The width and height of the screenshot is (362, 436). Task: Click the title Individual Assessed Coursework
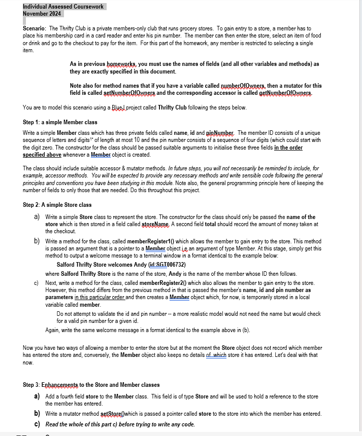pos(63,7)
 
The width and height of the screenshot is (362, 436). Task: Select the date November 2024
pos(42,14)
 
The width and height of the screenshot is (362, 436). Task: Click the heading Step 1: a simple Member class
pos(60,122)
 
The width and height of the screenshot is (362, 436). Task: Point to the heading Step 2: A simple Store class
pos(57,205)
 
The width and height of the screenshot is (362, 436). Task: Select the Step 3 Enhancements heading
pos(91,385)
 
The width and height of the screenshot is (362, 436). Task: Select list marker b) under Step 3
pos(38,414)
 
